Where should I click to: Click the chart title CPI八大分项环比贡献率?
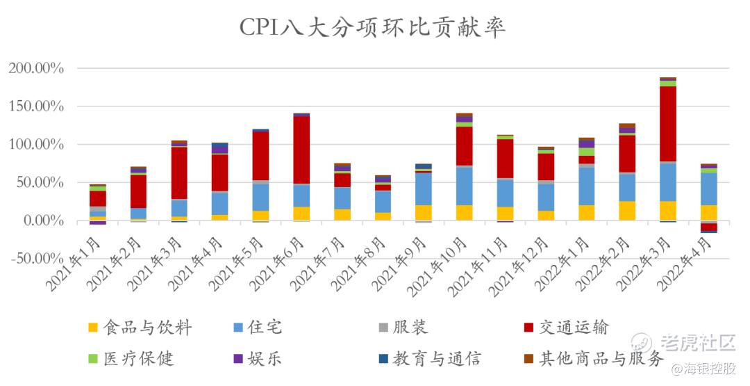pos(373,27)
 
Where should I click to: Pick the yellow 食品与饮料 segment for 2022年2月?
pos(627,211)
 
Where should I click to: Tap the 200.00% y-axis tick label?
pos(36,69)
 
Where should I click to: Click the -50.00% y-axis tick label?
pos(36,259)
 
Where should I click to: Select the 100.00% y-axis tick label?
pos(36,145)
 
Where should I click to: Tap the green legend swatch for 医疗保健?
pos(93,359)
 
